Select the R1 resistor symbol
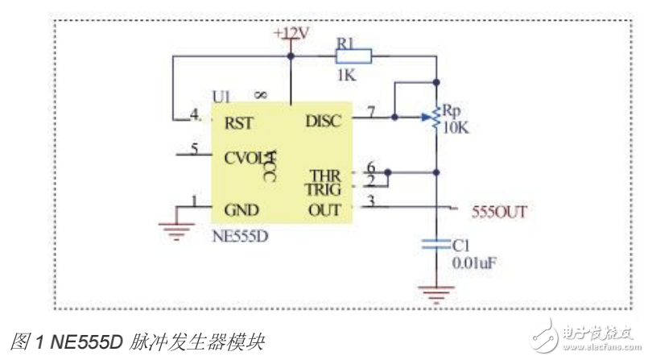coord(353,56)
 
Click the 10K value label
coord(456,126)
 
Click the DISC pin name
coord(324,121)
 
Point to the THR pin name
coord(326,176)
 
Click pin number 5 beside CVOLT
coord(194,147)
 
